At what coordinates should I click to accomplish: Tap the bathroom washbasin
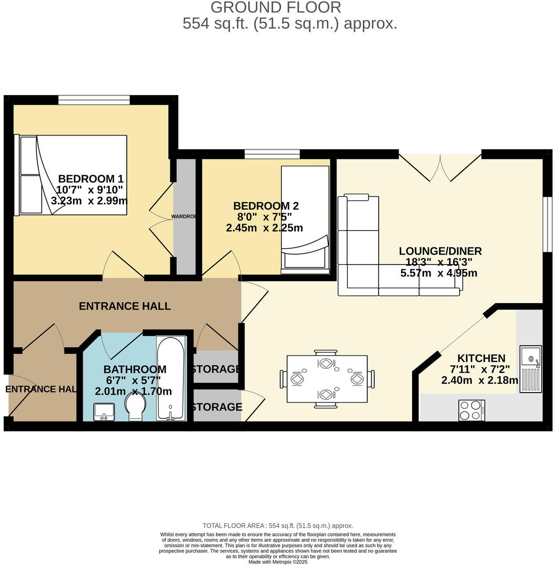tap(104, 411)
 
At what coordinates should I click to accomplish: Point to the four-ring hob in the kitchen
tap(472, 411)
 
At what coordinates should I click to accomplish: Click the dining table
tap(327, 378)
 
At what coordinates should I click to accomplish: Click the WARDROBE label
tap(184, 217)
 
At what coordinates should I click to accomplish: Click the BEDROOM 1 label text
tap(91, 179)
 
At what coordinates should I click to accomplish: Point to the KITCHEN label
tap(481, 358)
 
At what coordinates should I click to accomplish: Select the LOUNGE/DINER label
tap(440, 251)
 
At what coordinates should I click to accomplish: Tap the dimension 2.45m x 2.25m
tap(264, 228)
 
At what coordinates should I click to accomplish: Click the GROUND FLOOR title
tap(276, 7)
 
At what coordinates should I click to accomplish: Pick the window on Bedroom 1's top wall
tap(94, 100)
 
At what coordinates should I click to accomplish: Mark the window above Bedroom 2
tap(272, 154)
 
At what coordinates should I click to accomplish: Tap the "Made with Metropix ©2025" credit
tap(278, 562)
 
